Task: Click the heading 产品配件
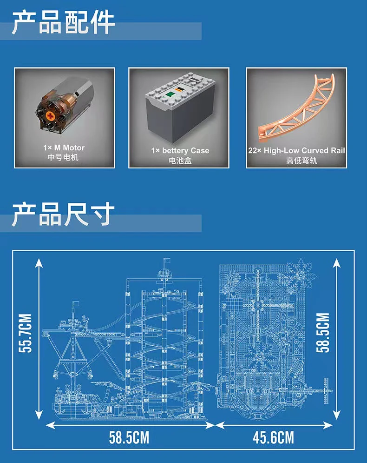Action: tap(63, 22)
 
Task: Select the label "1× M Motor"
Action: tap(64, 148)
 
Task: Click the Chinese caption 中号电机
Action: tap(63, 157)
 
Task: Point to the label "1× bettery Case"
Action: tap(180, 151)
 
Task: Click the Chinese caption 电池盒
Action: tap(180, 161)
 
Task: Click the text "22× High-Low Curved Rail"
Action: tap(296, 151)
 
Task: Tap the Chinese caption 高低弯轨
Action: tap(301, 161)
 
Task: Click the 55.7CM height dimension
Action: tap(25, 333)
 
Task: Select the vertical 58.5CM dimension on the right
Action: tap(323, 333)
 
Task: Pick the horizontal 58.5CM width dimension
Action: tap(129, 437)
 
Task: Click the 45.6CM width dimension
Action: tap(273, 437)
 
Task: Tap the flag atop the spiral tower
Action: tap(167, 260)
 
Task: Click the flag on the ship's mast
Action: tap(76, 303)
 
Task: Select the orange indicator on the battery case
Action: tap(179, 88)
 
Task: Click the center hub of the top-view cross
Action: tap(258, 306)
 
